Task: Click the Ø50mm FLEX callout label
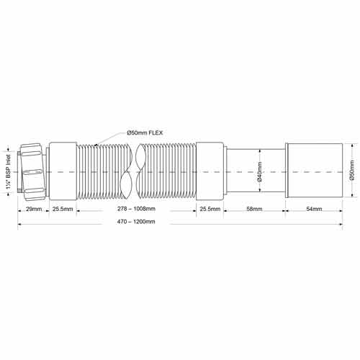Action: click(x=145, y=132)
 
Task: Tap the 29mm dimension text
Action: click(x=34, y=209)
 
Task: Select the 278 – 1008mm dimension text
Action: click(x=136, y=209)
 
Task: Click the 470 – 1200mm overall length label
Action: click(x=136, y=222)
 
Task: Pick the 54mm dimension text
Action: click(x=314, y=209)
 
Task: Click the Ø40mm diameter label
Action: click(x=260, y=172)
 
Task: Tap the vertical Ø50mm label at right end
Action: click(x=352, y=170)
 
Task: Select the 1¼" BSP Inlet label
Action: click(x=9, y=172)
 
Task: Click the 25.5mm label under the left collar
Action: click(x=63, y=209)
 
